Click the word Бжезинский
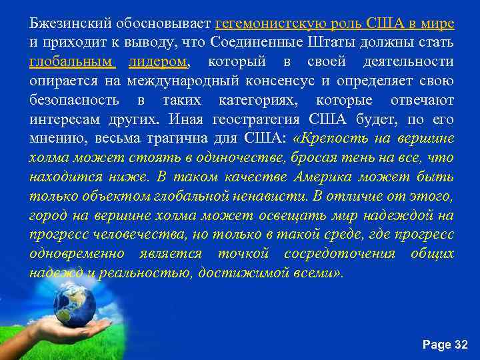[x=61, y=23]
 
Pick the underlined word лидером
[x=159, y=62]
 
